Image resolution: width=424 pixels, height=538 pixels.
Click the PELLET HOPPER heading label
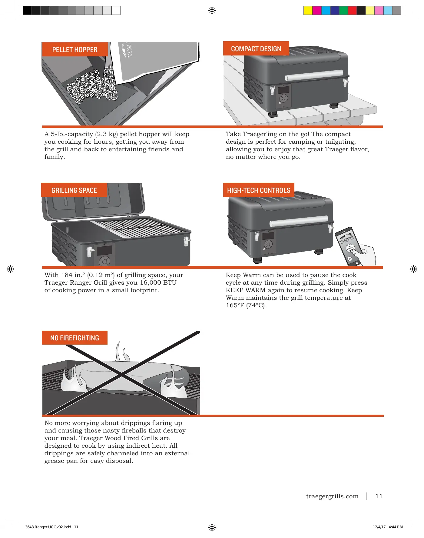[x=75, y=49]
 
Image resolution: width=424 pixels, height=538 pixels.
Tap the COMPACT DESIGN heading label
[x=256, y=49]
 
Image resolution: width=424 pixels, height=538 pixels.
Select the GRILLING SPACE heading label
[x=74, y=190]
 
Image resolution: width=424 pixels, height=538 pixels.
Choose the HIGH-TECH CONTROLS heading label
[x=259, y=190]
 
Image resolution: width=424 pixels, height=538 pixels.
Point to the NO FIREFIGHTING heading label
[x=75, y=338]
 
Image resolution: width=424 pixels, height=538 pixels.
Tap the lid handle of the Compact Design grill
[x=314, y=75]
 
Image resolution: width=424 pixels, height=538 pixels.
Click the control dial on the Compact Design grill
[x=284, y=99]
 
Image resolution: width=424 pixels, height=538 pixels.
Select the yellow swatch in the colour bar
[x=308, y=11]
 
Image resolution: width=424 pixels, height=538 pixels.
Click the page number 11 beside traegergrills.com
[x=379, y=496]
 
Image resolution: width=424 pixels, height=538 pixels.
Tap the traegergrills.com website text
[x=332, y=496]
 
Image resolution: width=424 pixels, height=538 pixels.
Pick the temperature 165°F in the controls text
[x=235, y=305]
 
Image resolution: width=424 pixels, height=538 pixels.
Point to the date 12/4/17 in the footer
[x=379, y=527]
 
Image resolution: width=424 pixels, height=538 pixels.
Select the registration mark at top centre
[x=212, y=11]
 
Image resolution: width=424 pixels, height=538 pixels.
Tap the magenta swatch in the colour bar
[x=317, y=11]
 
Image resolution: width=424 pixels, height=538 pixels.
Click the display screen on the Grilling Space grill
[x=104, y=250]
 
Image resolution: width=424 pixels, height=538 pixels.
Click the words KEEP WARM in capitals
[x=245, y=290]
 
